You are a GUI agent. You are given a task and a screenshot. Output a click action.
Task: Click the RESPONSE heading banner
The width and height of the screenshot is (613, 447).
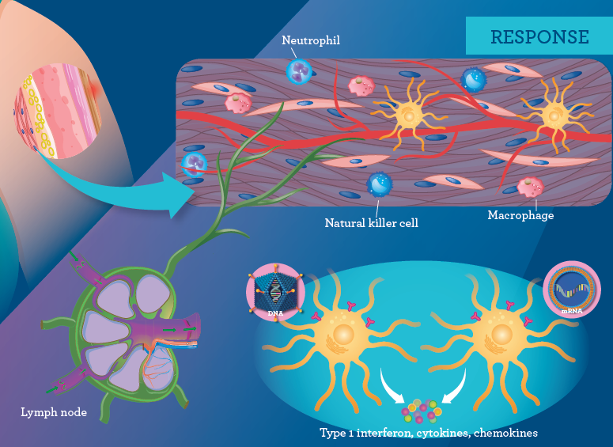point(539,36)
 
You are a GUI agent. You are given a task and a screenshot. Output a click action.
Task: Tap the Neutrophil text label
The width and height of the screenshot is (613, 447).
point(311,40)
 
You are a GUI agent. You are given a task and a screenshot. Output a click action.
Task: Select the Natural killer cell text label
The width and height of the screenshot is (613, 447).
point(371,223)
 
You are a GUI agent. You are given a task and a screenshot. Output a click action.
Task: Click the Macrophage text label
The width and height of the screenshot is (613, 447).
point(520,215)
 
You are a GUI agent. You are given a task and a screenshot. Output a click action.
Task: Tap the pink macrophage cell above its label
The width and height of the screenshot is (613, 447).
point(530,187)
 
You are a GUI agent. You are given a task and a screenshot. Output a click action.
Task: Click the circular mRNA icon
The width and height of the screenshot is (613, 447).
point(571,286)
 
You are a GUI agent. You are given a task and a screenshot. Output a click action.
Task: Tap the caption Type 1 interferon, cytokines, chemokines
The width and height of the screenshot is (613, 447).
point(429,433)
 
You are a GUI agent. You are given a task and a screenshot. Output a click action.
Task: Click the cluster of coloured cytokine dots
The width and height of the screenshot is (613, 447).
point(422,411)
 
